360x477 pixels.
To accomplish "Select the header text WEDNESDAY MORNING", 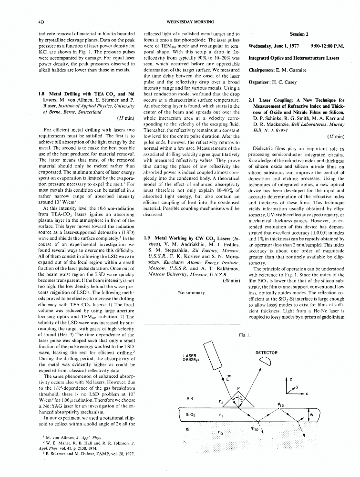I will tap(179, 22).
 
